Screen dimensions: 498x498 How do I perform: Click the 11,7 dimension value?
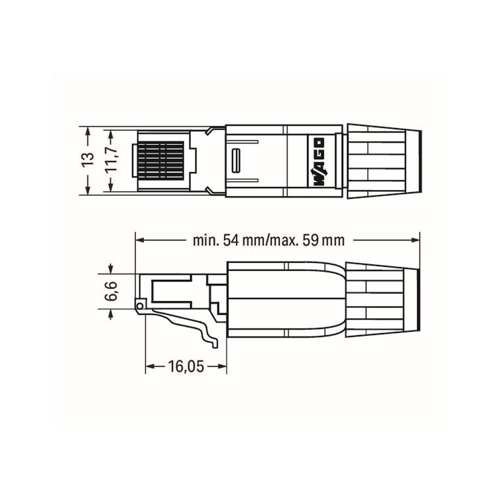[x=111, y=160]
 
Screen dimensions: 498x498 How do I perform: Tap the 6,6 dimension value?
[x=111, y=291]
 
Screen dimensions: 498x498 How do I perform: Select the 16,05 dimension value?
[x=185, y=366]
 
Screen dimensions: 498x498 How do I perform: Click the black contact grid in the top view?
[x=161, y=160]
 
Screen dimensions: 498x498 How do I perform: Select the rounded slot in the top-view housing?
[x=236, y=160]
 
